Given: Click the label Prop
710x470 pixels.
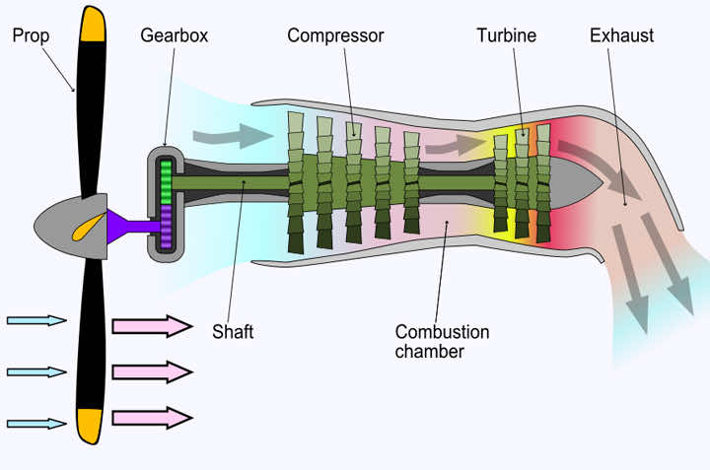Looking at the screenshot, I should click(32, 36).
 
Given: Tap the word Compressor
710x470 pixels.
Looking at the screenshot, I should click(335, 36).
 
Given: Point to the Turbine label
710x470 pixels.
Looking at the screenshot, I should click(506, 36).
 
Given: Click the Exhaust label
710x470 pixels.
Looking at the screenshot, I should click(621, 36).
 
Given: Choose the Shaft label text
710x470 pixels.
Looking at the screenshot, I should click(233, 332).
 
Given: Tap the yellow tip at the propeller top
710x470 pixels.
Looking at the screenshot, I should click(93, 24).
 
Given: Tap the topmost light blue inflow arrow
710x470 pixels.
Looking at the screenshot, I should click(36, 320).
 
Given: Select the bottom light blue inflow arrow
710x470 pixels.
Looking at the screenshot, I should click(36, 424).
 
